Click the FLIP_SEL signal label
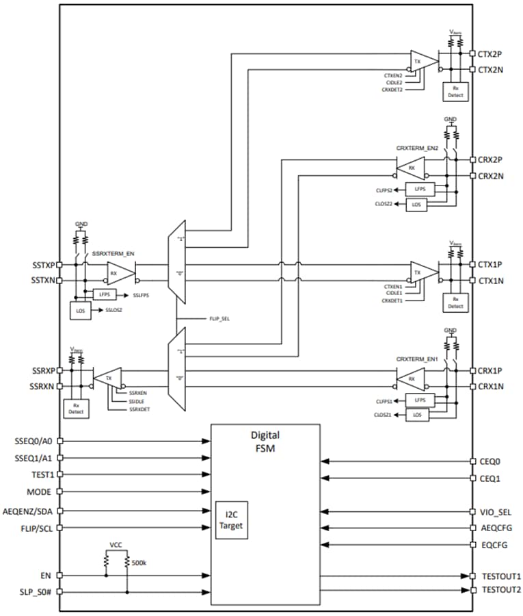coord(219,319)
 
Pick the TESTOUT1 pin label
coord(500,576)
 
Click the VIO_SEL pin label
coord(496,511)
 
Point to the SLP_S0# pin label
coord(38,592)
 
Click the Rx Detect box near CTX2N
coord(455,92)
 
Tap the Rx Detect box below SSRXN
coord(76,409)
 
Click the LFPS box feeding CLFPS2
coord(420,188)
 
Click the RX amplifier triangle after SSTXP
coord(120,272)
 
